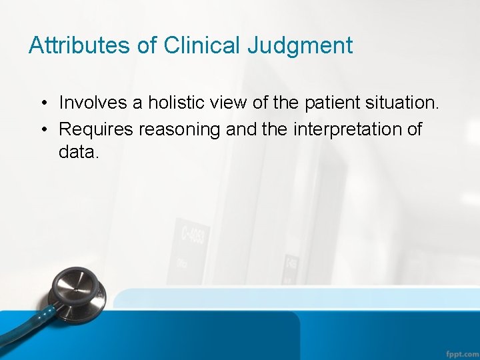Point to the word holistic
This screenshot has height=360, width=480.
pos(179,103)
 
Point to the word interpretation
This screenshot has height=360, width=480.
pos(347,129)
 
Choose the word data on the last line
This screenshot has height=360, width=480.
pos(79,152)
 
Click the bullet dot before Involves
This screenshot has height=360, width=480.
pos(42,103)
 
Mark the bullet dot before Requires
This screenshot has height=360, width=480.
pos(42,129)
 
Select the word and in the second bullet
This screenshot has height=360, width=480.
pos(241,129)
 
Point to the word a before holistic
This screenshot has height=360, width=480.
pos(137,103)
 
